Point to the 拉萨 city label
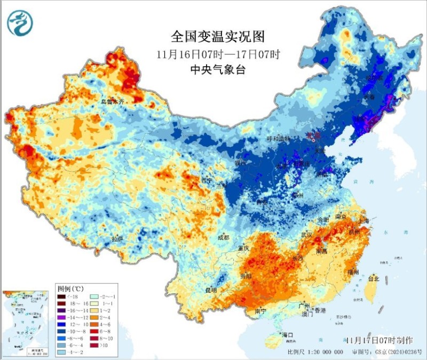click(117, 238)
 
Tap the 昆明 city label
click(210, 291)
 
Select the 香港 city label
click(320, 310)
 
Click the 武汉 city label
click(306, 235)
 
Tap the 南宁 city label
click(261, 310)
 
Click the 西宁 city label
click(207, 180)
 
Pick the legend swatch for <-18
click(62, 297)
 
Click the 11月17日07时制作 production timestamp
click(379, 340)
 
